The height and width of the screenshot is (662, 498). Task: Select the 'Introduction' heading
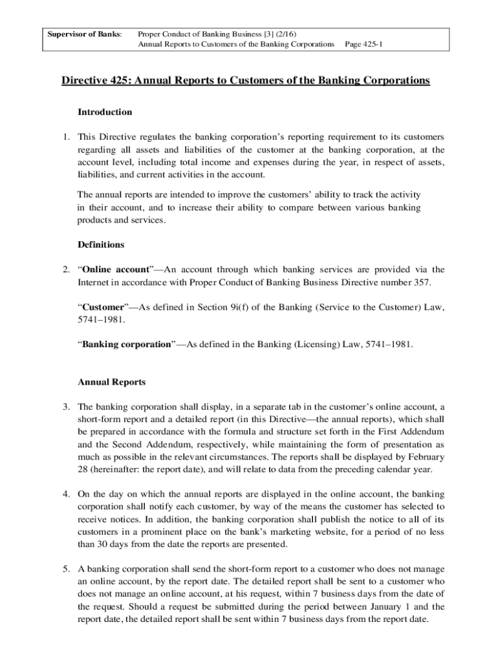(105, 112)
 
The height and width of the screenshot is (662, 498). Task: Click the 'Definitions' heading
(101, 245)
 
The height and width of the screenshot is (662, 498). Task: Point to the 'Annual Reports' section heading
(111, 382)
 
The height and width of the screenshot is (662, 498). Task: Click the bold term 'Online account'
(116, 270)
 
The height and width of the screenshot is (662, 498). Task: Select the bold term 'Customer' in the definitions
(101, 307)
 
